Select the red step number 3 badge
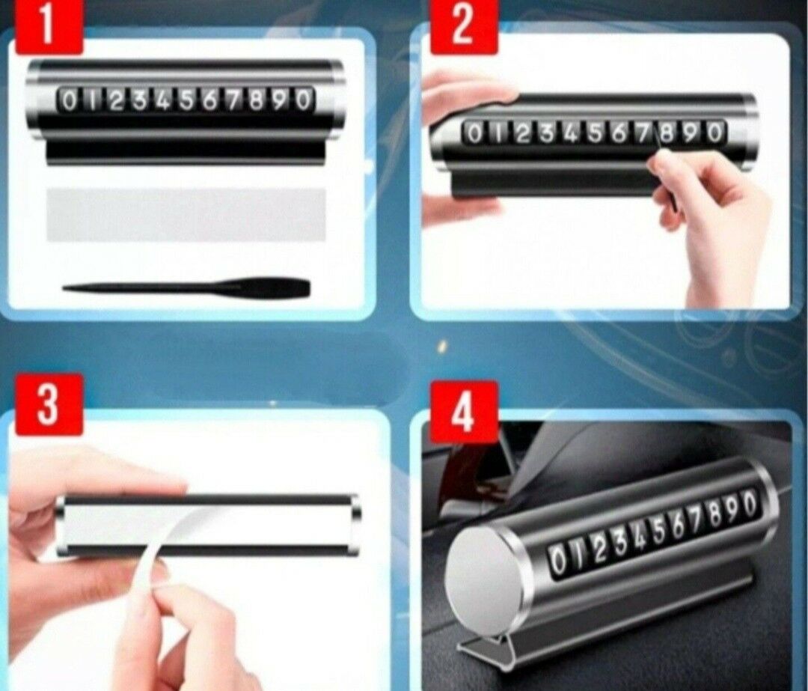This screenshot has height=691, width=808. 49,404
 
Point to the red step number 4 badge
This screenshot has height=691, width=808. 465,413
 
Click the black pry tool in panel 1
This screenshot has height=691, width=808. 186,287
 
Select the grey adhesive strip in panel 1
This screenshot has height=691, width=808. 186,215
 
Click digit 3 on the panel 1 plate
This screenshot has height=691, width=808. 139,100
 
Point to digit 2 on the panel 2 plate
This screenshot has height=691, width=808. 521,133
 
